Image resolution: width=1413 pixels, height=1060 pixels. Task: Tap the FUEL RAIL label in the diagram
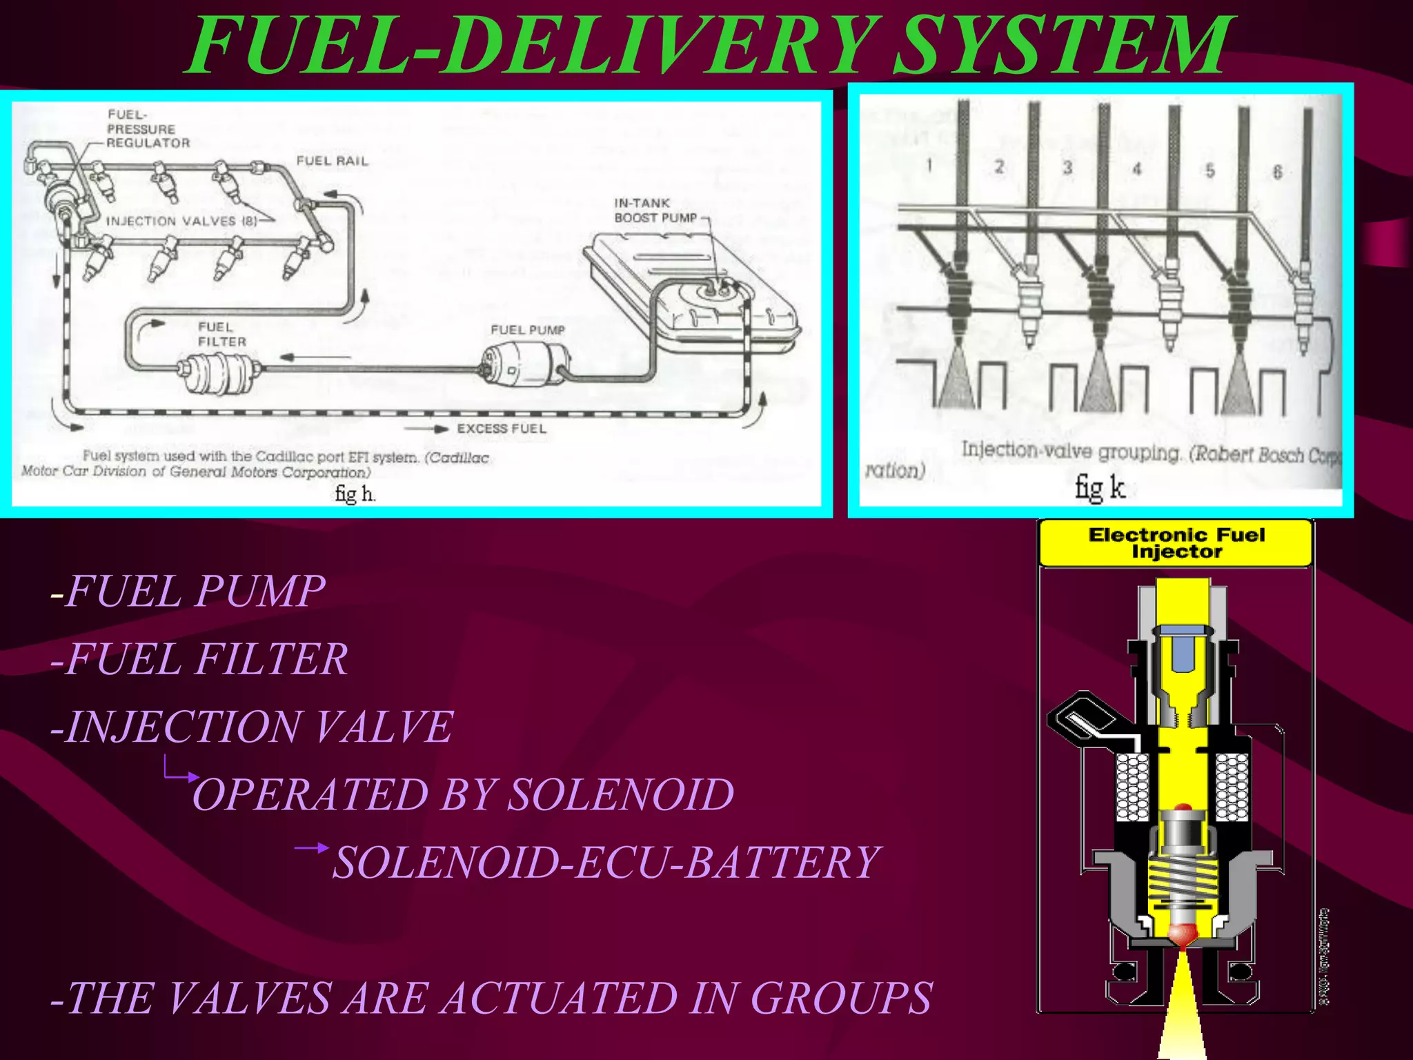coord(332,161)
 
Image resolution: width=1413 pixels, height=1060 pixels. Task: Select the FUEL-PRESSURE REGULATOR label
coord(147,129)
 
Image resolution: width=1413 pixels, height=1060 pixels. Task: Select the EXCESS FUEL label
coord(501,429)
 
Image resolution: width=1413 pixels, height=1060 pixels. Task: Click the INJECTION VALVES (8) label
coord(181,221)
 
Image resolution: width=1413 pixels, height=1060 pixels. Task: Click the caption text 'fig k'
coord(1100,487)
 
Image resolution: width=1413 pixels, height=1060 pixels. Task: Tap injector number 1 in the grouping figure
coord(960,290)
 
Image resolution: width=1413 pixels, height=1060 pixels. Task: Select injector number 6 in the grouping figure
coord(1303,290)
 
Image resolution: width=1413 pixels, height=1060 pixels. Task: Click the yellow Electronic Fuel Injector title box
coord(1176,543)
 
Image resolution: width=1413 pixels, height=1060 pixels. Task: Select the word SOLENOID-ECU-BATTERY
coord(606,863)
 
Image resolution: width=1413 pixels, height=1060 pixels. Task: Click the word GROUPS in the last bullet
coord(841,998)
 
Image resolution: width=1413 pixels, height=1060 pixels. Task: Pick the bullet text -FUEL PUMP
coord(188,591)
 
